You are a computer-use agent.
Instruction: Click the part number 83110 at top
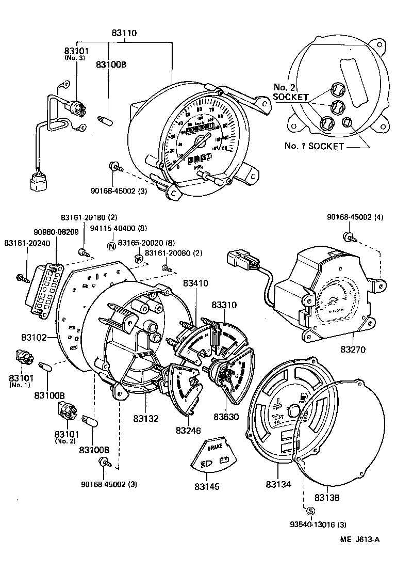pyautogui.click(x=124, y=33)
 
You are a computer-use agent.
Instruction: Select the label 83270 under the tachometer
pyautogui.click(x=353, y=349)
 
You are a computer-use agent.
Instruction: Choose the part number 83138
pyautogui.click(x=327, y=497)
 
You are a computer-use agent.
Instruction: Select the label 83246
pyautogui.click(x=188, y=430)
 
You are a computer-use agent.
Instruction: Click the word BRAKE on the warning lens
pyautogui.click(x=214, y=449)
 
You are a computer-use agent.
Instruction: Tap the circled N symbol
pyautogui.click(x=110, y=245)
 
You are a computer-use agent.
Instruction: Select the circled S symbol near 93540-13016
pyautogui.click(x=310, y=512)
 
